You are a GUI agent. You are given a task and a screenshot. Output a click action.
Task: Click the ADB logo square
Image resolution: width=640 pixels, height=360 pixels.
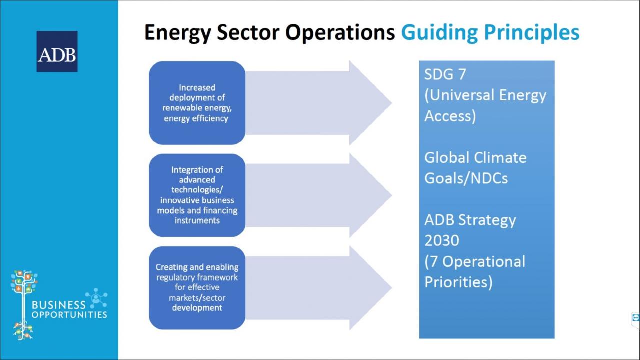57,51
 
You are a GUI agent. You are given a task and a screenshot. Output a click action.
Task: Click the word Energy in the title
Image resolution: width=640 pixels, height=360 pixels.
177,33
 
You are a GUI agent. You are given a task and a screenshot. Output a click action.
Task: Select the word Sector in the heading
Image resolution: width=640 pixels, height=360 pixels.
248,32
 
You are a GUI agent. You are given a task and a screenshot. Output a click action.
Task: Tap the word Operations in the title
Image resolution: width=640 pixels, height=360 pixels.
340,33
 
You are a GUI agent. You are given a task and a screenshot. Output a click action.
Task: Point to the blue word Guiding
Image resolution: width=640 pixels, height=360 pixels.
439,33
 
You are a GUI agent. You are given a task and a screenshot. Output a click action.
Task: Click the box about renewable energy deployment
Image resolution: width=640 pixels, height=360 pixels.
197,103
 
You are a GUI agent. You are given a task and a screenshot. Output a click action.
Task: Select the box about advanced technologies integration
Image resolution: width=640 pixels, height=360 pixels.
197,195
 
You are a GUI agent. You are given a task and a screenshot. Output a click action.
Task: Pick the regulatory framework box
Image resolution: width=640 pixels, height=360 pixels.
197,288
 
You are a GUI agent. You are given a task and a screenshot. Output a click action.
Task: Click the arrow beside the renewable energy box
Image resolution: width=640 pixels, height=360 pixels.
318,103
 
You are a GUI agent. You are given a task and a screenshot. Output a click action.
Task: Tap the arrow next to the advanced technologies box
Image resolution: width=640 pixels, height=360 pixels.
318,195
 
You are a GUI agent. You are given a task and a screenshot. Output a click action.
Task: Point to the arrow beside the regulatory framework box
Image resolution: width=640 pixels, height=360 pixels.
318,288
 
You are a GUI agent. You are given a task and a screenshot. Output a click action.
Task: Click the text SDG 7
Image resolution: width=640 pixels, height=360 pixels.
445,74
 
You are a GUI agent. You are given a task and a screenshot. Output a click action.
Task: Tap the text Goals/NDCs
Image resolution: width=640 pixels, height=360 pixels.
466,178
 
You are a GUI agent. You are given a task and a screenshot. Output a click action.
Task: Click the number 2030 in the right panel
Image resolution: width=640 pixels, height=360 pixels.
441,240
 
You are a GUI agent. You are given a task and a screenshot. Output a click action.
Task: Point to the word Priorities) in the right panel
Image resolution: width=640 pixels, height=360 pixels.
458,282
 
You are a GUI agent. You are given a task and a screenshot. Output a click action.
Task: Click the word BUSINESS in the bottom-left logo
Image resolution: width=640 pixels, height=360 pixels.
59,305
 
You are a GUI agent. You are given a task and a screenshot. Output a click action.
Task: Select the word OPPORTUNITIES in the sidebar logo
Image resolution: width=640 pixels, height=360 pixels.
69,315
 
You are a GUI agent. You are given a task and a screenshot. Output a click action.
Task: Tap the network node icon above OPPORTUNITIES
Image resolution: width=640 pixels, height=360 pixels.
96,298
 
